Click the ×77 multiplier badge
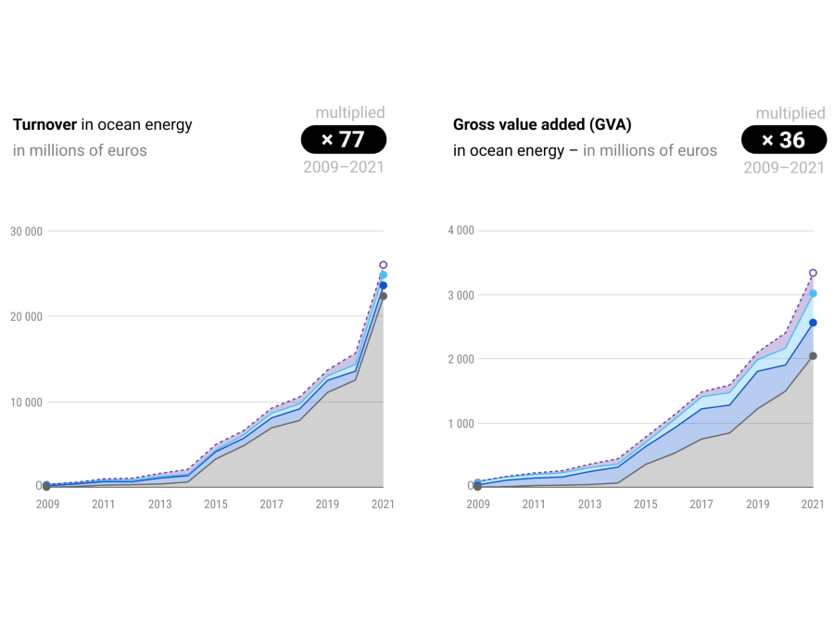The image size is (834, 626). coord(343,140)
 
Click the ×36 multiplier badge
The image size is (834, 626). coord(783,140)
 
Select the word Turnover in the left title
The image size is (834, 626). coord(44,124)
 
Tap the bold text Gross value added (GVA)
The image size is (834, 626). coord(542,124)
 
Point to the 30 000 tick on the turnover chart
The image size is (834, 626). coord(26,231)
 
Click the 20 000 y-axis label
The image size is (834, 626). coord(26,316)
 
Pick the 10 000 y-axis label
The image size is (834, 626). coord(26,402)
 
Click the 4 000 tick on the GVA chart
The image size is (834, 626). coord(461,231)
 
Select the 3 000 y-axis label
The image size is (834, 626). coord(461,295)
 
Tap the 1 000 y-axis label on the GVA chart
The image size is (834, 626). coord(461,424)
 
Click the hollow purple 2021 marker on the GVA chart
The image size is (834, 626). coord(813,274)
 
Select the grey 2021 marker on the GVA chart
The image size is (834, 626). coord(813,356)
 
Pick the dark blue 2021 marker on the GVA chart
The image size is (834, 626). coord(813,323)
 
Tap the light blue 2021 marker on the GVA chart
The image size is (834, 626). coord(813,294)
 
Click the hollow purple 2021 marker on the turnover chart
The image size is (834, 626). coord(383,265)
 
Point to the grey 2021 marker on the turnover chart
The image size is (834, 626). coord(383,296)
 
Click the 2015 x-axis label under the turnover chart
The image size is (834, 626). coord(216,505)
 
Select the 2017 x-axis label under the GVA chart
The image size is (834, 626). coord(701,505)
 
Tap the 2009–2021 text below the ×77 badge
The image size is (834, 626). coord(343,168)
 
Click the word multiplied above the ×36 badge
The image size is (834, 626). coord(790,113)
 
